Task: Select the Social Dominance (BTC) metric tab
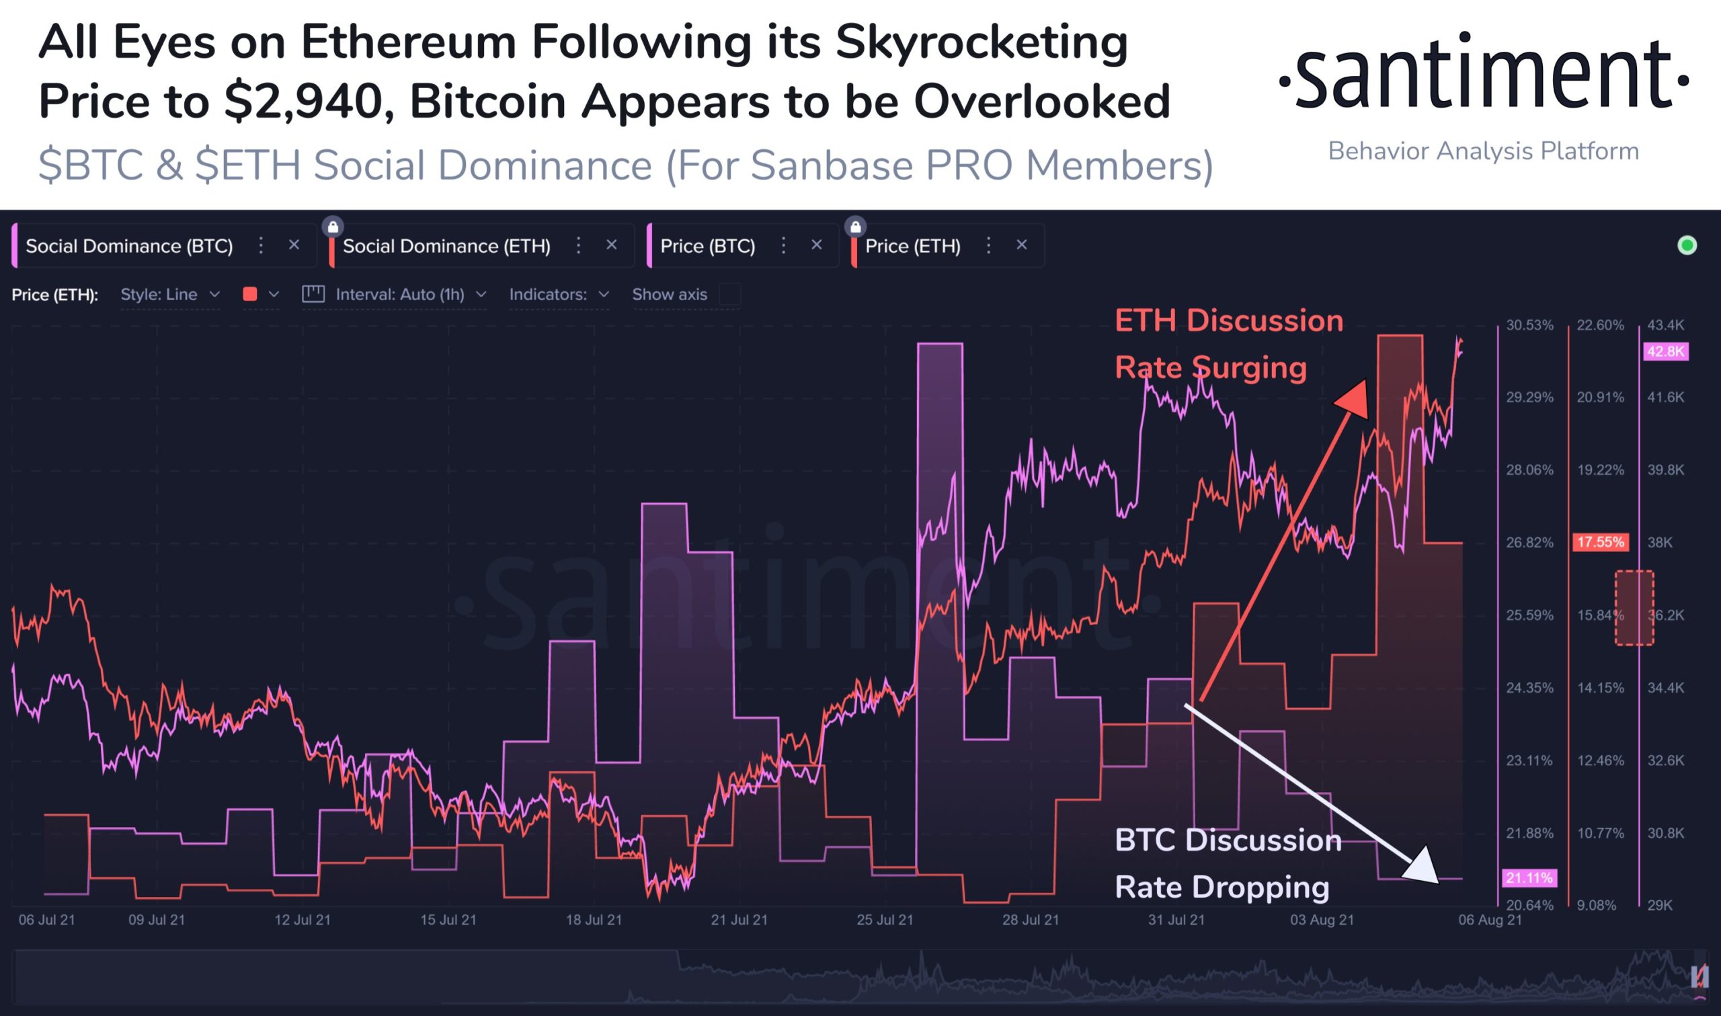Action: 128,246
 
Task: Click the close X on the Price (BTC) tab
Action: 816,244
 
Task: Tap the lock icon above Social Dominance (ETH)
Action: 333,226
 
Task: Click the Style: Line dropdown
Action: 169,295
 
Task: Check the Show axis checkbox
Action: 729,295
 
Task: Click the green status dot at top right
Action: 1687,245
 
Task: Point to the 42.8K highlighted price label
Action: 1665,352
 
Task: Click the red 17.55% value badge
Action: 1600,542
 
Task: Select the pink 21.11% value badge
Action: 1529,877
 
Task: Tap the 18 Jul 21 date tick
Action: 594,919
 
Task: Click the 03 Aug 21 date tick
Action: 1322,919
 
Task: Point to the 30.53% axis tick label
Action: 1529,325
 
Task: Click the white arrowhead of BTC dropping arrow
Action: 1422,867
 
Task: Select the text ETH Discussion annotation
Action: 1228,321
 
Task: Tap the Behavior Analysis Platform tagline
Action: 1483,151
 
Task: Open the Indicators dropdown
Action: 559,295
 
